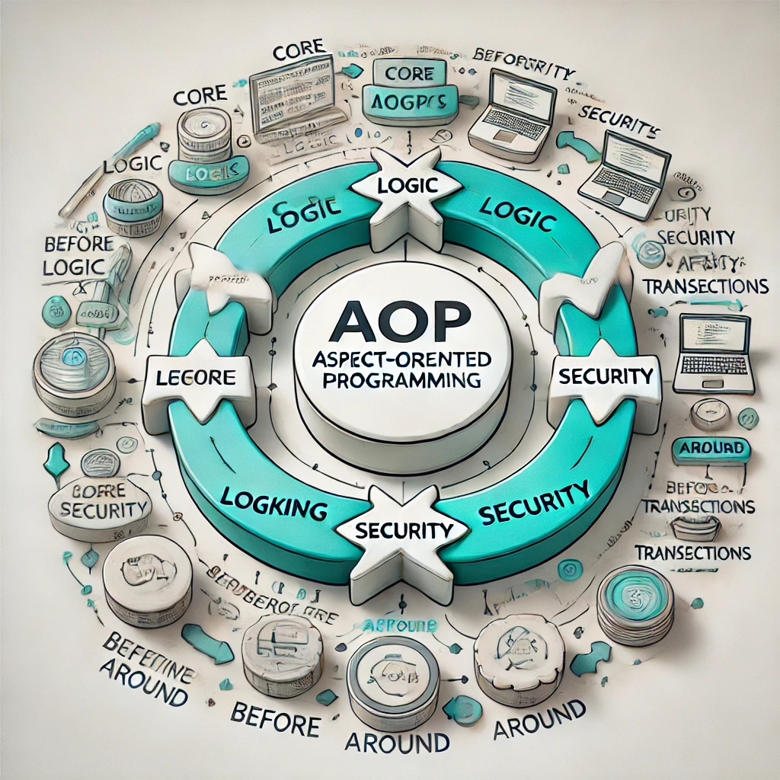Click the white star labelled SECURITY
pos(404,530)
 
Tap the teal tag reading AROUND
pos(711,449)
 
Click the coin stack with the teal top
pos(635,602)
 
